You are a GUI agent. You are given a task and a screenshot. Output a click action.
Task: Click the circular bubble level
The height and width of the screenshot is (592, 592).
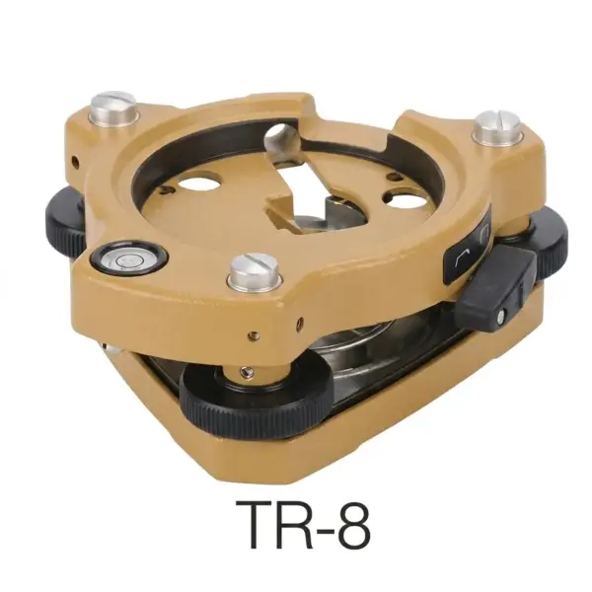[129, 260]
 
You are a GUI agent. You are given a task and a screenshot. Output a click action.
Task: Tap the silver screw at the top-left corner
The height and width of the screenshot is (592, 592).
[113, 108]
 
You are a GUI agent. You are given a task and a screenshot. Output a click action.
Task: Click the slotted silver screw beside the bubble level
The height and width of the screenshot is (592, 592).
[255, 268]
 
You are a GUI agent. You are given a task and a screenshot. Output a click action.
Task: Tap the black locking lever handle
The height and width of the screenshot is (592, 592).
[495, 286]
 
